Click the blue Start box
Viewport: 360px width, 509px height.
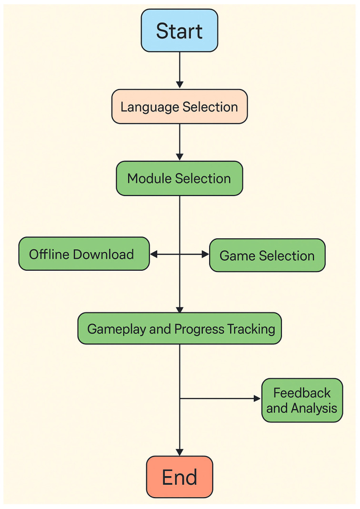pos(180,31)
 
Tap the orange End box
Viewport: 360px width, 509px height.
pos(180,477)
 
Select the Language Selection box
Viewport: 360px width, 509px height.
pos(180,107)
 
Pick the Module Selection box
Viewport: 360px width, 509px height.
pos(180,179)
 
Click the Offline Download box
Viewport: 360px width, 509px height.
pos(84,254)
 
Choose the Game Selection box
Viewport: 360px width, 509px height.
pos(267,255)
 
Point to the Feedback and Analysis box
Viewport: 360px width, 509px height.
pos(302,400)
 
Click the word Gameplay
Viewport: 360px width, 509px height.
pos(117,329)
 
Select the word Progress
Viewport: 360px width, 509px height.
pos(199,329)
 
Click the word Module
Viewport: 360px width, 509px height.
pos(150,179)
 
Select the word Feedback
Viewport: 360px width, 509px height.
pos(302,393)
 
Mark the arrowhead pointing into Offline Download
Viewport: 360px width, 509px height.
pos(153,254)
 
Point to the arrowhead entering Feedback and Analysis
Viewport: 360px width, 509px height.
pos(258,398)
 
